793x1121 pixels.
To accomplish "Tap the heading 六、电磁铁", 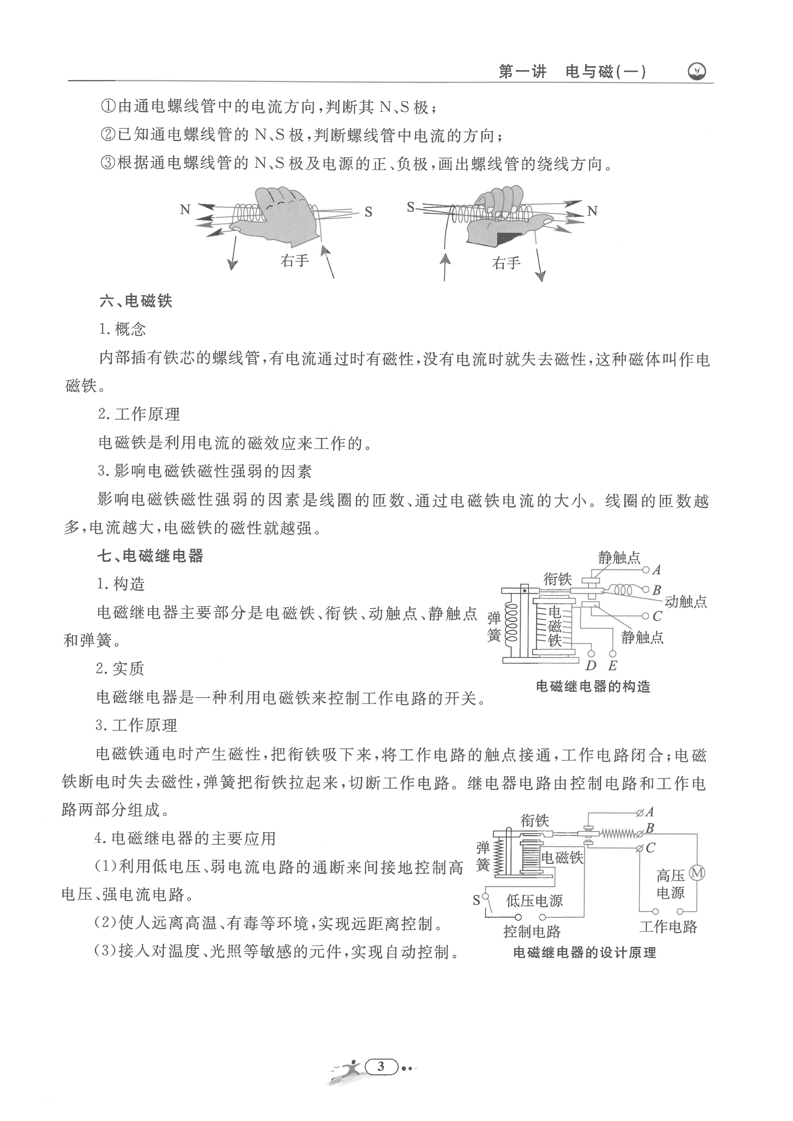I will click(x=136, y=301).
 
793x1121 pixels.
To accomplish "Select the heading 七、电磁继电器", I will click(x=150, y=556).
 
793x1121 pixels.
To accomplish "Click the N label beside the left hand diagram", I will click(x=185, y=210).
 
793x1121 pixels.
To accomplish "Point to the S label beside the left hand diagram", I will click(x=368, y=212).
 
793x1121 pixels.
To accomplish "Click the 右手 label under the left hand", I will click(x=294, y=261).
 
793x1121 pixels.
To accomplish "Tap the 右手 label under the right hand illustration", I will click(x=506, y=264).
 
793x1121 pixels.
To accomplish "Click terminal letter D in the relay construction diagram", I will click(x=591, y=665).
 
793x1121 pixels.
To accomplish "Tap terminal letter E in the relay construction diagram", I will click(x=612, y=665).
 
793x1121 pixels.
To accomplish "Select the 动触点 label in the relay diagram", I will click(x=686, y=602).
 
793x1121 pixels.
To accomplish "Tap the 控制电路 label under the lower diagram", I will click(x=532, y=932).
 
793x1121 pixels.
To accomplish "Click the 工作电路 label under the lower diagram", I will click(x=668, y=927).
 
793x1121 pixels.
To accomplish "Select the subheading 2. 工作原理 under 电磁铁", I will click(x=139, y=414).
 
